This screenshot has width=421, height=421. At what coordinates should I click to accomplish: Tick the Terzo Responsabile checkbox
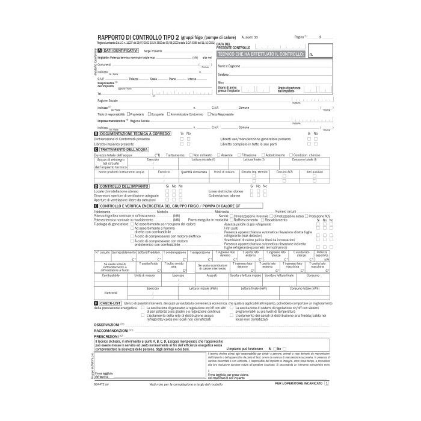coord(209,114)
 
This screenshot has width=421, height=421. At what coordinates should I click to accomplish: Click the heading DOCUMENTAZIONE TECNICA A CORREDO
coord(135,133)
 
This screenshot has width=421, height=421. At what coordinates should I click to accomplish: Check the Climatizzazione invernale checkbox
coord(233,216)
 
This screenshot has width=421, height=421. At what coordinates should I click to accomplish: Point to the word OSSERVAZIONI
coord(107,324)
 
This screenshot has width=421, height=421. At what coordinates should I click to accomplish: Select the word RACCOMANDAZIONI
coord(111,330)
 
